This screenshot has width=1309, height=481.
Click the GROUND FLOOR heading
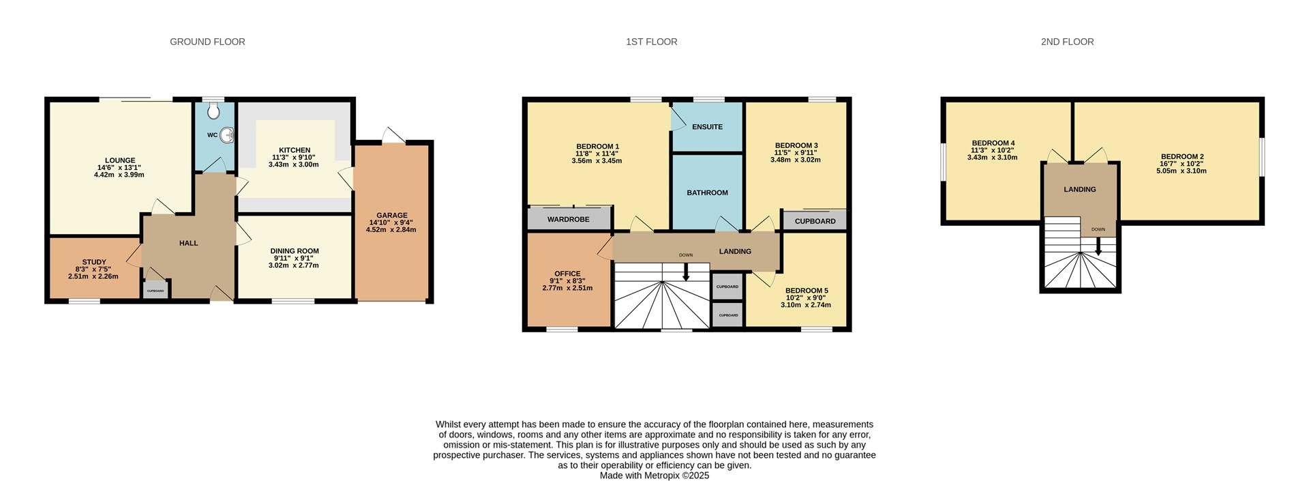[x=207, y=42]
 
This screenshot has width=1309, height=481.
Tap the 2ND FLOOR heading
[x=1067, y=42]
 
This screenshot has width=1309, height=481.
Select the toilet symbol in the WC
[x=215, y=111]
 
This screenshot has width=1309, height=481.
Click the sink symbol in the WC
[x=227, y=135]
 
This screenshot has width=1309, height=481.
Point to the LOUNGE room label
[x=120, y=161]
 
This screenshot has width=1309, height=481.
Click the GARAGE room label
[x=392, y=216]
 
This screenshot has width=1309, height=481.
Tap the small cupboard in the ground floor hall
[x=155, y=290]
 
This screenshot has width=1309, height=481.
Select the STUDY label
[x=94, y=262]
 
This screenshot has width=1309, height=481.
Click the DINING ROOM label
[x=295, y=251]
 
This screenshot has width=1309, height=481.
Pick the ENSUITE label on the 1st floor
[x=707, y=127]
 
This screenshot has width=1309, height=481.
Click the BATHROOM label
[x=707, y=192]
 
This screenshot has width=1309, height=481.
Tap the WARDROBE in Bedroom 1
[x=569, y=219]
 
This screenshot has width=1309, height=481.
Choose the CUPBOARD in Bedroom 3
[x=815, y=220]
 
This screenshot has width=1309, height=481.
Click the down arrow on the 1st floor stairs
[x=686, y=272]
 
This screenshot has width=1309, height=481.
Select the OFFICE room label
[x=567, y=274]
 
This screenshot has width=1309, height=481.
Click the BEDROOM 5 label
[x=807, y=291]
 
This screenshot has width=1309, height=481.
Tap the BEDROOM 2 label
[x=1182, y=157]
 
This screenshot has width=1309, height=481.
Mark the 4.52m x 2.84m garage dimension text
[x=391, y=230]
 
